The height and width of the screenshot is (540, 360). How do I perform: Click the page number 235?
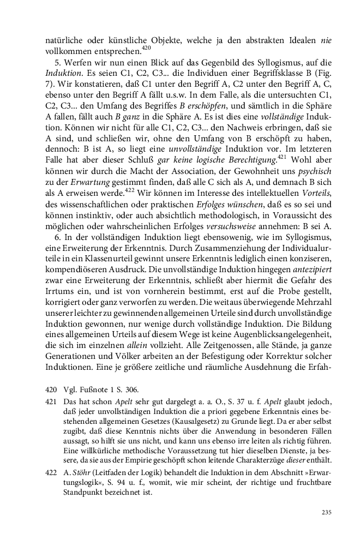[327, 512]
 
